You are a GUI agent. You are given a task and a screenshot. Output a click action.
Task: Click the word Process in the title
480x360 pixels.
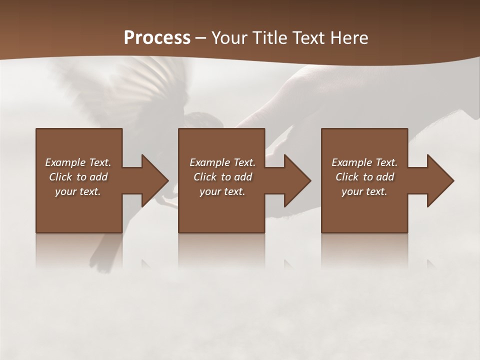pyautogui.click(x=157, y=38)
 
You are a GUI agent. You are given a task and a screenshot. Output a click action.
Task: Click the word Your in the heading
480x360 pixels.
pyautogui.click(x=229, y=38)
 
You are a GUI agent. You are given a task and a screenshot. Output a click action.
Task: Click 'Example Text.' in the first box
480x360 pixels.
pyautogui.click(x=78, y=162)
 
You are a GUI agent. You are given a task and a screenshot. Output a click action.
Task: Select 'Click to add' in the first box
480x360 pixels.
pyautogui.click(x=78, y=177)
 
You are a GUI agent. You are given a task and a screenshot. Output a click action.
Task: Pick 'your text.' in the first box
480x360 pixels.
pyautogui.click(x=78, y=191)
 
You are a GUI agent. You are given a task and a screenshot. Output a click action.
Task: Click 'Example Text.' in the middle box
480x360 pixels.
pyautogui.click(x=222, y=162)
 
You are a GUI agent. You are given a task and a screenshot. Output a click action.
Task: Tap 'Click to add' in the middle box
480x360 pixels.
pyautogui.click(x=222, y=177)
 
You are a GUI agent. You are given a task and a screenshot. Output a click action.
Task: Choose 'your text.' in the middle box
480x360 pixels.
pyautogui.click(x=222, y=191)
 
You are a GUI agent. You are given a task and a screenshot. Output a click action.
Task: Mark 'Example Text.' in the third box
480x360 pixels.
pyautogui.click(x=364, y=162)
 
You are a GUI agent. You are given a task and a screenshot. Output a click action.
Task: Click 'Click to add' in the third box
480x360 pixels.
pyautogui.click(x=364, y=177)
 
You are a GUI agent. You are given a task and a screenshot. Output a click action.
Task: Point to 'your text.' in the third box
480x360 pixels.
pyautogui.click(x=364, y=191)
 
